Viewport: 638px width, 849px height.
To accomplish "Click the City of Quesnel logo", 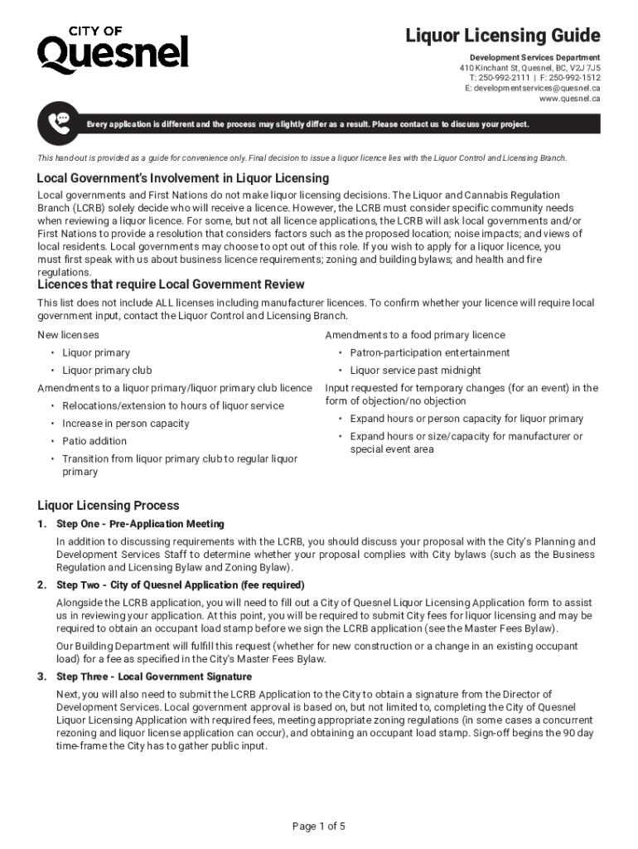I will [113, 50].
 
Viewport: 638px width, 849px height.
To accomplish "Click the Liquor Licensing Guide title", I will [502, 36].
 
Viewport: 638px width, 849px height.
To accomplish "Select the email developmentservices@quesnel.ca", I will [533, 88].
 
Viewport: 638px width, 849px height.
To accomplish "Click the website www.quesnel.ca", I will [569, 99].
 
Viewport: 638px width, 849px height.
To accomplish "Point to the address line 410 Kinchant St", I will [530, 67].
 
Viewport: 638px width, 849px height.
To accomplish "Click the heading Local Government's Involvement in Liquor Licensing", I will [182, 178].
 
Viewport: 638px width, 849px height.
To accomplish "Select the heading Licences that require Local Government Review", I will [171, 284].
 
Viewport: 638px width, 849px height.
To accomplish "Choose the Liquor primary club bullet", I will [107, 371].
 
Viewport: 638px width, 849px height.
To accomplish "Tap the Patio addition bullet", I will [94, 441].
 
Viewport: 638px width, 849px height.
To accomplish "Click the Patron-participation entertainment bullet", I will [430, 352].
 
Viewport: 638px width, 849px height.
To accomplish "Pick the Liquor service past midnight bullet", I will [415, 371].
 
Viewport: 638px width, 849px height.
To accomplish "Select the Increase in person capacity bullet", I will [125, 424].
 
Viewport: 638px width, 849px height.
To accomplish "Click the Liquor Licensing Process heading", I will [109, 506].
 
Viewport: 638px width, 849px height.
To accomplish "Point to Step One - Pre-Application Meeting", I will [140, 524].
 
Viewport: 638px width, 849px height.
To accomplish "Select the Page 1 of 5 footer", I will [319, 826].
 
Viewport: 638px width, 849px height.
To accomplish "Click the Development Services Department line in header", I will [529, 57].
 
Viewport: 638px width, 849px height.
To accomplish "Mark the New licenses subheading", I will [68, 335].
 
